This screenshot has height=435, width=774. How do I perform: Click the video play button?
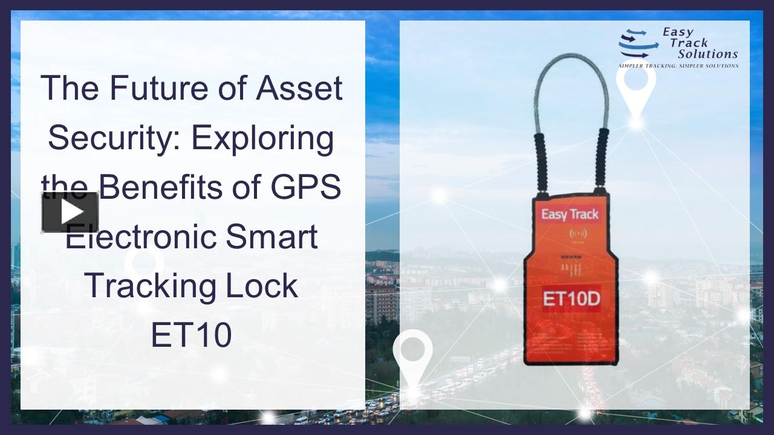coord(70,212)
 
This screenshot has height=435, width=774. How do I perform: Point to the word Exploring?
coord(263,139)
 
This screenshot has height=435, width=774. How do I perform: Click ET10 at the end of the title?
coord(191,335)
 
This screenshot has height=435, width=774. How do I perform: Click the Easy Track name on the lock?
coord(569,214)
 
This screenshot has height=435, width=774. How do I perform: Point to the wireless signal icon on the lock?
coord(570,234)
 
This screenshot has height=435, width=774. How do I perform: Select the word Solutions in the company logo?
coord(707,54)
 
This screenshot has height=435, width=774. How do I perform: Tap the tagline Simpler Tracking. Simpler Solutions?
coord(678,65)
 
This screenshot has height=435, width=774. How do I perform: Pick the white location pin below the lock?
coord(412,356)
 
